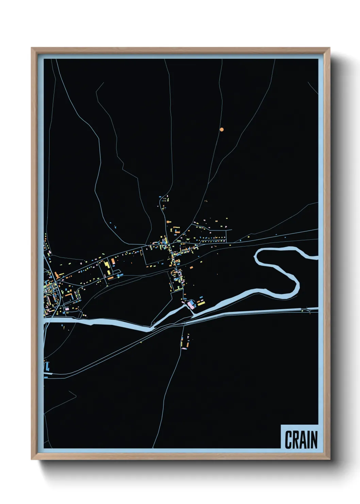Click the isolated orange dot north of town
pyautogui.click(x=222, y=129)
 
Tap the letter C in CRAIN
pyautogui.click(x=289, y=440)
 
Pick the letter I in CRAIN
pyautogui.click(x=308, y=440)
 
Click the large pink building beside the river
pyautogui.click(x=190, y=303)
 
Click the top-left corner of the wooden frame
pyautogui.click(x=32, y=48)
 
